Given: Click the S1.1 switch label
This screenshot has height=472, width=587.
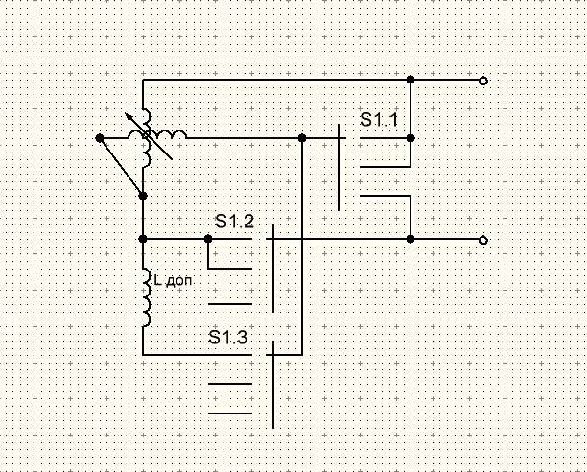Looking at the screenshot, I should point(379,121).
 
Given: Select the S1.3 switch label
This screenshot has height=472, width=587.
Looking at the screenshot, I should point(227,337).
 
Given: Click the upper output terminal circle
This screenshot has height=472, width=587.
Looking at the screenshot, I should point(483,81).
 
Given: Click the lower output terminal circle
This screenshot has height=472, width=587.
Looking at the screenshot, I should point(483,239).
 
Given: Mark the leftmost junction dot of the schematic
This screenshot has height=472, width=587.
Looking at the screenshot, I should point(101,138).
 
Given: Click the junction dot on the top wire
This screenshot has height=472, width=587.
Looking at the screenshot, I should point(411,79).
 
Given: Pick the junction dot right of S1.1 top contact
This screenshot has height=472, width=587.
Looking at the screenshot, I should point(411,138).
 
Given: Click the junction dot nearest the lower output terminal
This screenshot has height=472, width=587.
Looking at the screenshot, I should point(411,238).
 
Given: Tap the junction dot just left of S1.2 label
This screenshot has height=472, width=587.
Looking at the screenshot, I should point(207,238).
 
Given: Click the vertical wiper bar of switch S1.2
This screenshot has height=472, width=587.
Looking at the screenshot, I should point(273,269).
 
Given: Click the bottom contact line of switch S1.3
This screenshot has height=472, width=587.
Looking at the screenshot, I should point(230,413).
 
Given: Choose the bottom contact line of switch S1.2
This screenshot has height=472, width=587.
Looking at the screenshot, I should point(230,303).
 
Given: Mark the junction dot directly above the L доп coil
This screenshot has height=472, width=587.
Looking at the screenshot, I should point(143,238).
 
